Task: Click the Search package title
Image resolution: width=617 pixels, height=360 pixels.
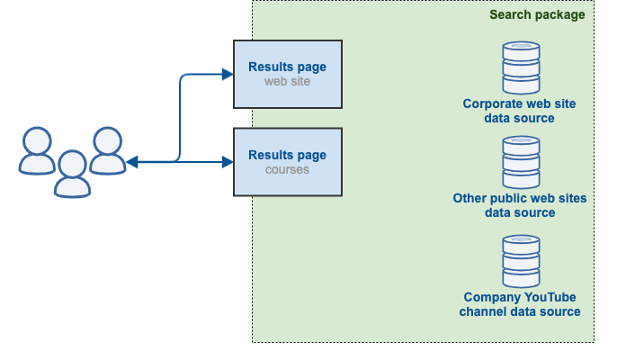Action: (537, 14)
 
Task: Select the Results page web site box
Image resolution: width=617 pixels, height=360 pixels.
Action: (287, 73)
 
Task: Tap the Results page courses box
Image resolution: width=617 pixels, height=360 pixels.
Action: (287, 162)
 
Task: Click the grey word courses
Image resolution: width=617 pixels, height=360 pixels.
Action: (287, 169)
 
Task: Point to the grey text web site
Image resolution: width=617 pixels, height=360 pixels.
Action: (287, 81)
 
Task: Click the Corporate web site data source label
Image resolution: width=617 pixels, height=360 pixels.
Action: (519, 111)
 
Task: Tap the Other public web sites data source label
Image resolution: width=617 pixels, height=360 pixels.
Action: (519, 205)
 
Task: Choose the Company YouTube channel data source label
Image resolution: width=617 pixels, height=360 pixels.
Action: (519, 304)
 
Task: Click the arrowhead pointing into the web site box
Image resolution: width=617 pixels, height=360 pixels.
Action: (228, 74)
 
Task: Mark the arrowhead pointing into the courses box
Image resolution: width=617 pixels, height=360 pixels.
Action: (228, 162)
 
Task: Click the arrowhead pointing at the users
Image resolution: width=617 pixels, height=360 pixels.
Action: (131, 162)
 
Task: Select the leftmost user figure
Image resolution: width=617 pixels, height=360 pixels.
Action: (37, 150)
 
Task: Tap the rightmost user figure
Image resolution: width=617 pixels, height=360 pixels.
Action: (107, 150)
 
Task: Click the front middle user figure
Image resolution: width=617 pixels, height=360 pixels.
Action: (72, 174)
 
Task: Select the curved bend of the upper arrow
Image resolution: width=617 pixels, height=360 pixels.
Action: (183, 78)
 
